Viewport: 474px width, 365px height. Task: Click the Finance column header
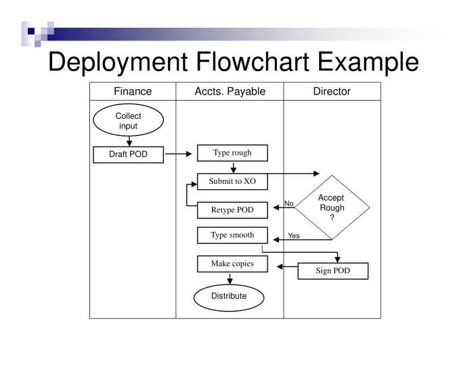tap(133, 91)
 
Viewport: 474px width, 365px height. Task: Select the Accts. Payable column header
tap(230, 91)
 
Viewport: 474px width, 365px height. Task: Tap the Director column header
tap(332, 91)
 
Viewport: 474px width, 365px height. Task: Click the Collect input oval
tap(128, 120)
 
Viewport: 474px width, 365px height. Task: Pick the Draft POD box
tap(128, 154)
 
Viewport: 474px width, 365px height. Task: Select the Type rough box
tap(232, 153)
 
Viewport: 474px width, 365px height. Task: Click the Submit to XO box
tap(232, 181)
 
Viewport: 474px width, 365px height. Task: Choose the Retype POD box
tap(232, 210)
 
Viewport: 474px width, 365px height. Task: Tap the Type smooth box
tap(232, 235)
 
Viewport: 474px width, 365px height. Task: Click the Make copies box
tap(232, 264)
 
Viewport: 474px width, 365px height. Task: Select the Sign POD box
tap(332, 271)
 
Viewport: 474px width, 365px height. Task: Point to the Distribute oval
tap(229, 297)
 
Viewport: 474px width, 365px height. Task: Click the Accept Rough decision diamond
tap(332, 207)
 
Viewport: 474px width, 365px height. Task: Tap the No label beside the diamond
tap(288, 203)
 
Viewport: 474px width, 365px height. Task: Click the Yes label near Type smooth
tap(294, 236)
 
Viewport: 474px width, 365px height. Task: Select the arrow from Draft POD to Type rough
tap(179, 154)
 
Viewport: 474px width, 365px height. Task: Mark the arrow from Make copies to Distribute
tap(230, 278)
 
